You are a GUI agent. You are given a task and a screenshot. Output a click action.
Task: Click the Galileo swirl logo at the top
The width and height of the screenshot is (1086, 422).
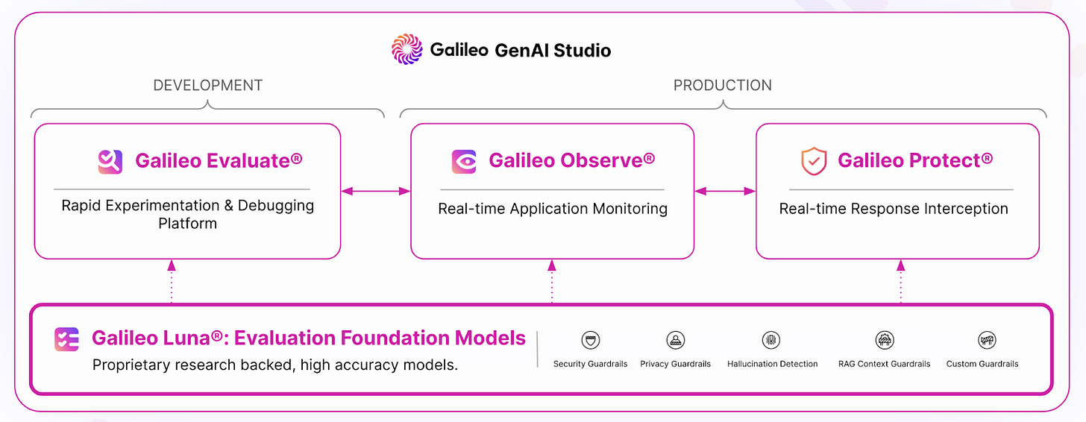(x=407, y=50)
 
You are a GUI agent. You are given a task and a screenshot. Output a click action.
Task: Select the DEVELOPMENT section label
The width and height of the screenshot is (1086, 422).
(x=207, y=85)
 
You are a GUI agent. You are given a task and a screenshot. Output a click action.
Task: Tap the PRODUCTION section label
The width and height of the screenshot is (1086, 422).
(x=722, y=85)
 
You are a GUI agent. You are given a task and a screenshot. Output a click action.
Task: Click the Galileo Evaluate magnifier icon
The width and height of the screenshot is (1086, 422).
(x=110, y=161)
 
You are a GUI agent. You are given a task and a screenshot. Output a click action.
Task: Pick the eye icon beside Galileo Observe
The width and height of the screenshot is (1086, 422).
(x=464, y=161)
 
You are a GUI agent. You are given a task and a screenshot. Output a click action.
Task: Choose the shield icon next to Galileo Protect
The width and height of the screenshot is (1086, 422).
(x=814, y=161)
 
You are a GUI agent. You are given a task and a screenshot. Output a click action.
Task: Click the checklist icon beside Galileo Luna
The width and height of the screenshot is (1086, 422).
(x=66, y=339)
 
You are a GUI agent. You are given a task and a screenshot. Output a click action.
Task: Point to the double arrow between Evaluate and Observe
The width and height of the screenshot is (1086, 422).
(x=376, y=192)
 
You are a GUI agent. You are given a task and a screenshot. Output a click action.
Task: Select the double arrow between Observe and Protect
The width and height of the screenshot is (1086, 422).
(x=725, y=192)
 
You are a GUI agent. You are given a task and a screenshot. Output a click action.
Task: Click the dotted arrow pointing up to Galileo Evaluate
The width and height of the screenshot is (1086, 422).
(x=172, y=280)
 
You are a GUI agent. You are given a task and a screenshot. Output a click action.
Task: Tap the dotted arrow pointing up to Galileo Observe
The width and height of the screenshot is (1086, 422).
(x=552, y=280)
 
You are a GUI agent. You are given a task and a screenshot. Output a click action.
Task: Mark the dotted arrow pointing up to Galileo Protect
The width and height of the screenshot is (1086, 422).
(x=900, y=280)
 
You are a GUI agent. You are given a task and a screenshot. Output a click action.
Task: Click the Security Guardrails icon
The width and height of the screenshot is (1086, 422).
(x=590, y=340)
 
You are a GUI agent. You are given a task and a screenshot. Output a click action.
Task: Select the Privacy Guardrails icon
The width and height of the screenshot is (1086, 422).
(x=675, y=340)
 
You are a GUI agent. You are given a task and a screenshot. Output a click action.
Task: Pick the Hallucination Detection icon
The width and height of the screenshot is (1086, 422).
(x=771, y=340)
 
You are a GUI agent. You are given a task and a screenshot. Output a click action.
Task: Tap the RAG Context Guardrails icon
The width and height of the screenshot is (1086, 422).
(x=884, y=340)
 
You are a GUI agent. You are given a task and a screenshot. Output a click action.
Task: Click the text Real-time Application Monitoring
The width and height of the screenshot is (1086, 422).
(x=552, y=209)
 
